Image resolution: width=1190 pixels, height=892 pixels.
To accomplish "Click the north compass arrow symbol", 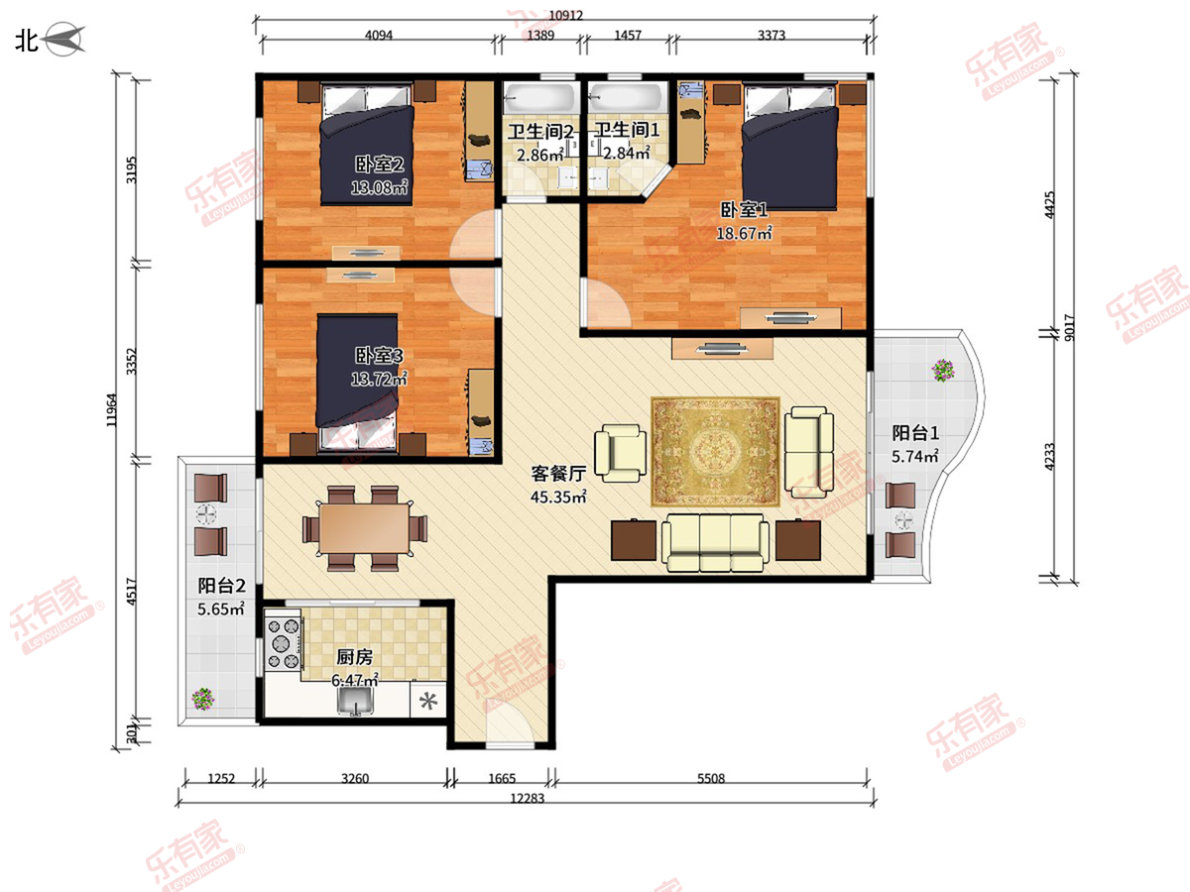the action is [x=65, y=39].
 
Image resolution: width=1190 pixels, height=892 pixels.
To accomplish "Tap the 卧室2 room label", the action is [x=379, y=165].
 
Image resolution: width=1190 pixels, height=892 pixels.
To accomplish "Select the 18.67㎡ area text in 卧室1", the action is [x=744, y=234].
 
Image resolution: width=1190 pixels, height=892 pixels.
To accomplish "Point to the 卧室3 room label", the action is [x=379, y=355].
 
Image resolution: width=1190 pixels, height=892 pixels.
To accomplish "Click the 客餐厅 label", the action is [x=558, y=474].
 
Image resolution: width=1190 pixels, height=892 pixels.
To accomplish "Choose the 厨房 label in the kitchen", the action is [x=355, y=657].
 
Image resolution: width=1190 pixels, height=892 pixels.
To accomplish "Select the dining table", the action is [x=364, y=528].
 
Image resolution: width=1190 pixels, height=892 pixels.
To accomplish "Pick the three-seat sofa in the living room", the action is [x=715, y=542].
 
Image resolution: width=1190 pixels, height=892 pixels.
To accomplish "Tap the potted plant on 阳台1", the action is [x=943, y=371].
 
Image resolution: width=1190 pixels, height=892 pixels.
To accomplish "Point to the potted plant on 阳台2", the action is [x=203, y=699].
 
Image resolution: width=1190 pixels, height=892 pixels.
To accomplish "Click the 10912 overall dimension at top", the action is [x=565, y=15].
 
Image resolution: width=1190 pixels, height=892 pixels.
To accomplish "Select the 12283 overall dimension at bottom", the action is [x=527, y=798].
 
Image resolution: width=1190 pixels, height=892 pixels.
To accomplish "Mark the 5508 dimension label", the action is [x=711, y=779].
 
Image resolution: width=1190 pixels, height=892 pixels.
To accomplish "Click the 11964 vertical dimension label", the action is [x=112, y=410].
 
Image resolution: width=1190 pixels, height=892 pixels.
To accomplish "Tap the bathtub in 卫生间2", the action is [x=538, y=98].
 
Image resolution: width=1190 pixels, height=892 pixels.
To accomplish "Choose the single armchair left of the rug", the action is [x=621, y=453].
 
